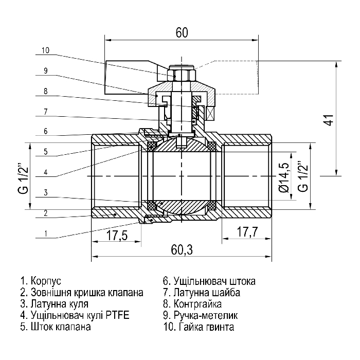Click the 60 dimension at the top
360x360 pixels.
point(182,32)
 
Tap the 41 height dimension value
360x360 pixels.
point(330,120)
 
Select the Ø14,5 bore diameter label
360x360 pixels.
point(284,177)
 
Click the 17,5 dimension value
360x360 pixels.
point(117,236)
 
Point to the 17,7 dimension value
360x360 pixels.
point(247,231)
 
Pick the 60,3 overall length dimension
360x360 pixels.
point(182,249)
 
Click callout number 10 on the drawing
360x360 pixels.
point(45,50)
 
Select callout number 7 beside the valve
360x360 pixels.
point(46,112)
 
